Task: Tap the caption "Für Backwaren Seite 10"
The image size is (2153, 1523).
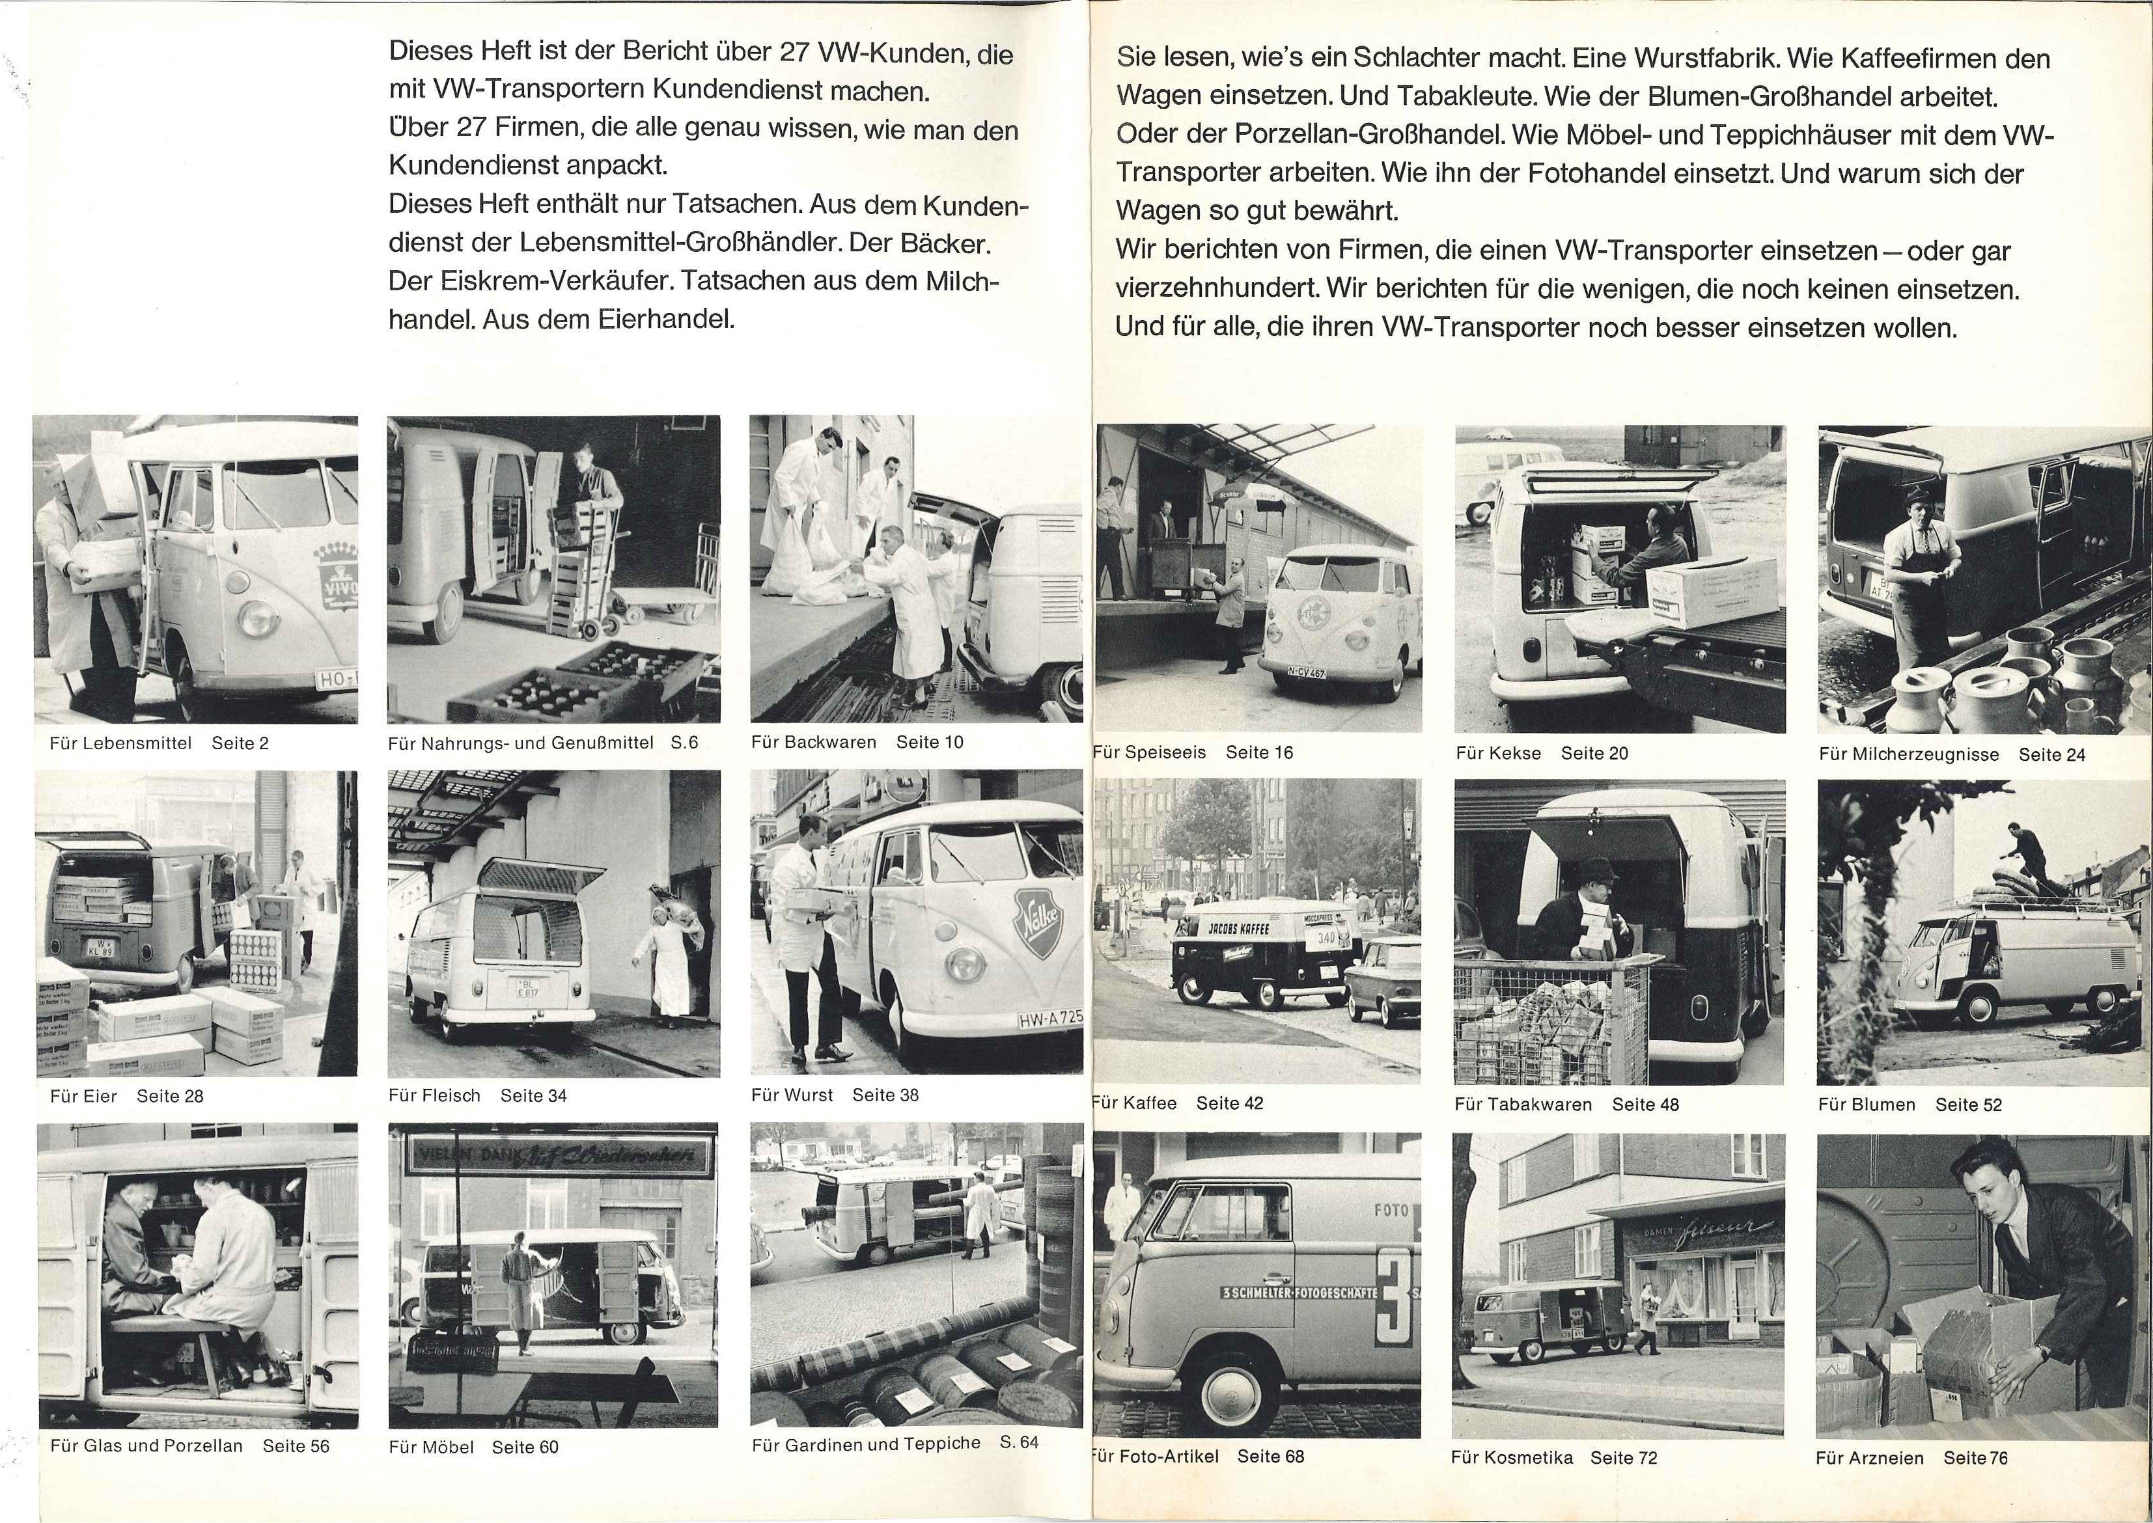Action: (857, 742)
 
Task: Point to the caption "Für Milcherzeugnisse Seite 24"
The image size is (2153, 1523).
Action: (1951, 754)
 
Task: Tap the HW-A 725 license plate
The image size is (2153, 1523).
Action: (1049, 1017)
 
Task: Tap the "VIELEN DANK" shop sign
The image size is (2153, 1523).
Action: (553, 1155)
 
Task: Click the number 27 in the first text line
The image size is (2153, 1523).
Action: (794, 53)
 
